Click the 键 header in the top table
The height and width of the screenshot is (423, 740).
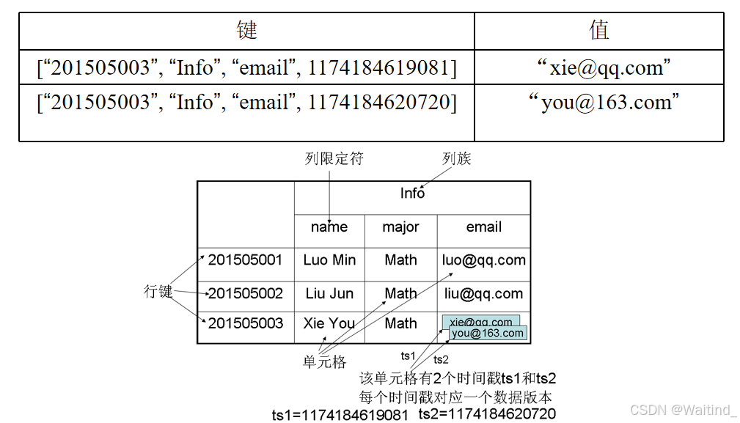247,31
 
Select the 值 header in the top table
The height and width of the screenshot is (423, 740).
599,31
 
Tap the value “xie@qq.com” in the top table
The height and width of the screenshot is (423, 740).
599,68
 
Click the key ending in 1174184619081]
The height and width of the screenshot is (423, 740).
246,68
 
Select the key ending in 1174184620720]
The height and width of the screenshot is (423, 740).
246,103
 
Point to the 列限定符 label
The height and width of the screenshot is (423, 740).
334,158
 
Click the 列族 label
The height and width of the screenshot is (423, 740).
456,158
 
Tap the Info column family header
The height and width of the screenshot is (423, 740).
412,193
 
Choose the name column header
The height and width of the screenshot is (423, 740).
329,227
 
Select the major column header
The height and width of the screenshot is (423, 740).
400,227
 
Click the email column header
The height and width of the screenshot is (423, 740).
484,227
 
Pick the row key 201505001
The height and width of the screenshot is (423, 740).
245,260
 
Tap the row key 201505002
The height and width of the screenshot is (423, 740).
245,294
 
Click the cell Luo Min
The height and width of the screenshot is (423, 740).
329,260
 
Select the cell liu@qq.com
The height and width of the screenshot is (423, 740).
484,294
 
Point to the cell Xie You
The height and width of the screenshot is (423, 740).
329,324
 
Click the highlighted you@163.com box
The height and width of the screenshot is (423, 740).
488,334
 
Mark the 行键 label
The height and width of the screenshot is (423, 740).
158,292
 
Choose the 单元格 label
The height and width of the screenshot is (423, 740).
324,361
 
